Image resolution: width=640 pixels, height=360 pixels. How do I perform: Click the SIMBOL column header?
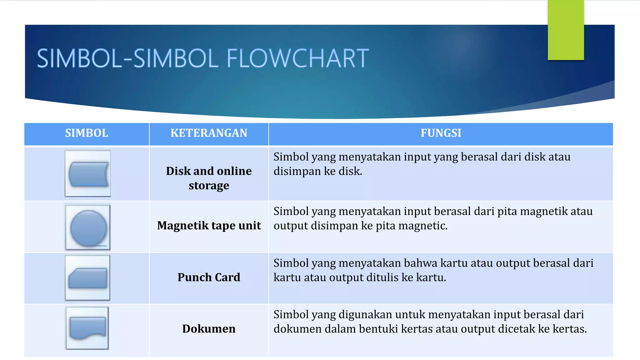87,133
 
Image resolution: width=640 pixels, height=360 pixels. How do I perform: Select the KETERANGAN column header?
209,133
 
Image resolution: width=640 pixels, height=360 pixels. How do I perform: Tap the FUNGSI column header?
441,133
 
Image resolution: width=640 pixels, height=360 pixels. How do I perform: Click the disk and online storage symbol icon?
88,174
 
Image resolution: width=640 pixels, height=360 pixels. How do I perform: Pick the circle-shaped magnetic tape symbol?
88,227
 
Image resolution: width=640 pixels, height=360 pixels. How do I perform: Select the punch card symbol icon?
87,278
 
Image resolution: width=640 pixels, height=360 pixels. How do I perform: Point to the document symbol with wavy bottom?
87,328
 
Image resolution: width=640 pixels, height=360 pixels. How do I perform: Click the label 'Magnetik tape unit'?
209,226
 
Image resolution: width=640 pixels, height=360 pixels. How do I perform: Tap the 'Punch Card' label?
209,277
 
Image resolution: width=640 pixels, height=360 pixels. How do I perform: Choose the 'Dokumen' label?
209,329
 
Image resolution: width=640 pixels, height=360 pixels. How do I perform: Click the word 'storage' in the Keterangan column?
209,186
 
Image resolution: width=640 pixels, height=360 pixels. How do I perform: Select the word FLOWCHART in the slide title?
297,58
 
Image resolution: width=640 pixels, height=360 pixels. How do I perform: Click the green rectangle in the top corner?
566,30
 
